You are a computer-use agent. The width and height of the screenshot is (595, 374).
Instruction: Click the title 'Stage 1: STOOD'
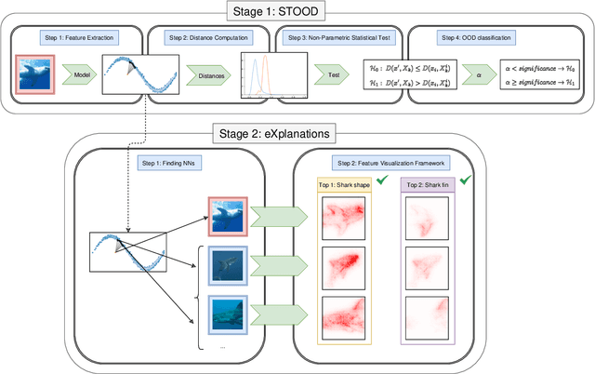pos(297,10)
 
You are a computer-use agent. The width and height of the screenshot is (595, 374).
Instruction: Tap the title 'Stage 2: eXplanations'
pos(298,133)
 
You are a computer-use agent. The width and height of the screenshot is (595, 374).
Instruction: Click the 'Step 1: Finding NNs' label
pos(169,163)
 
